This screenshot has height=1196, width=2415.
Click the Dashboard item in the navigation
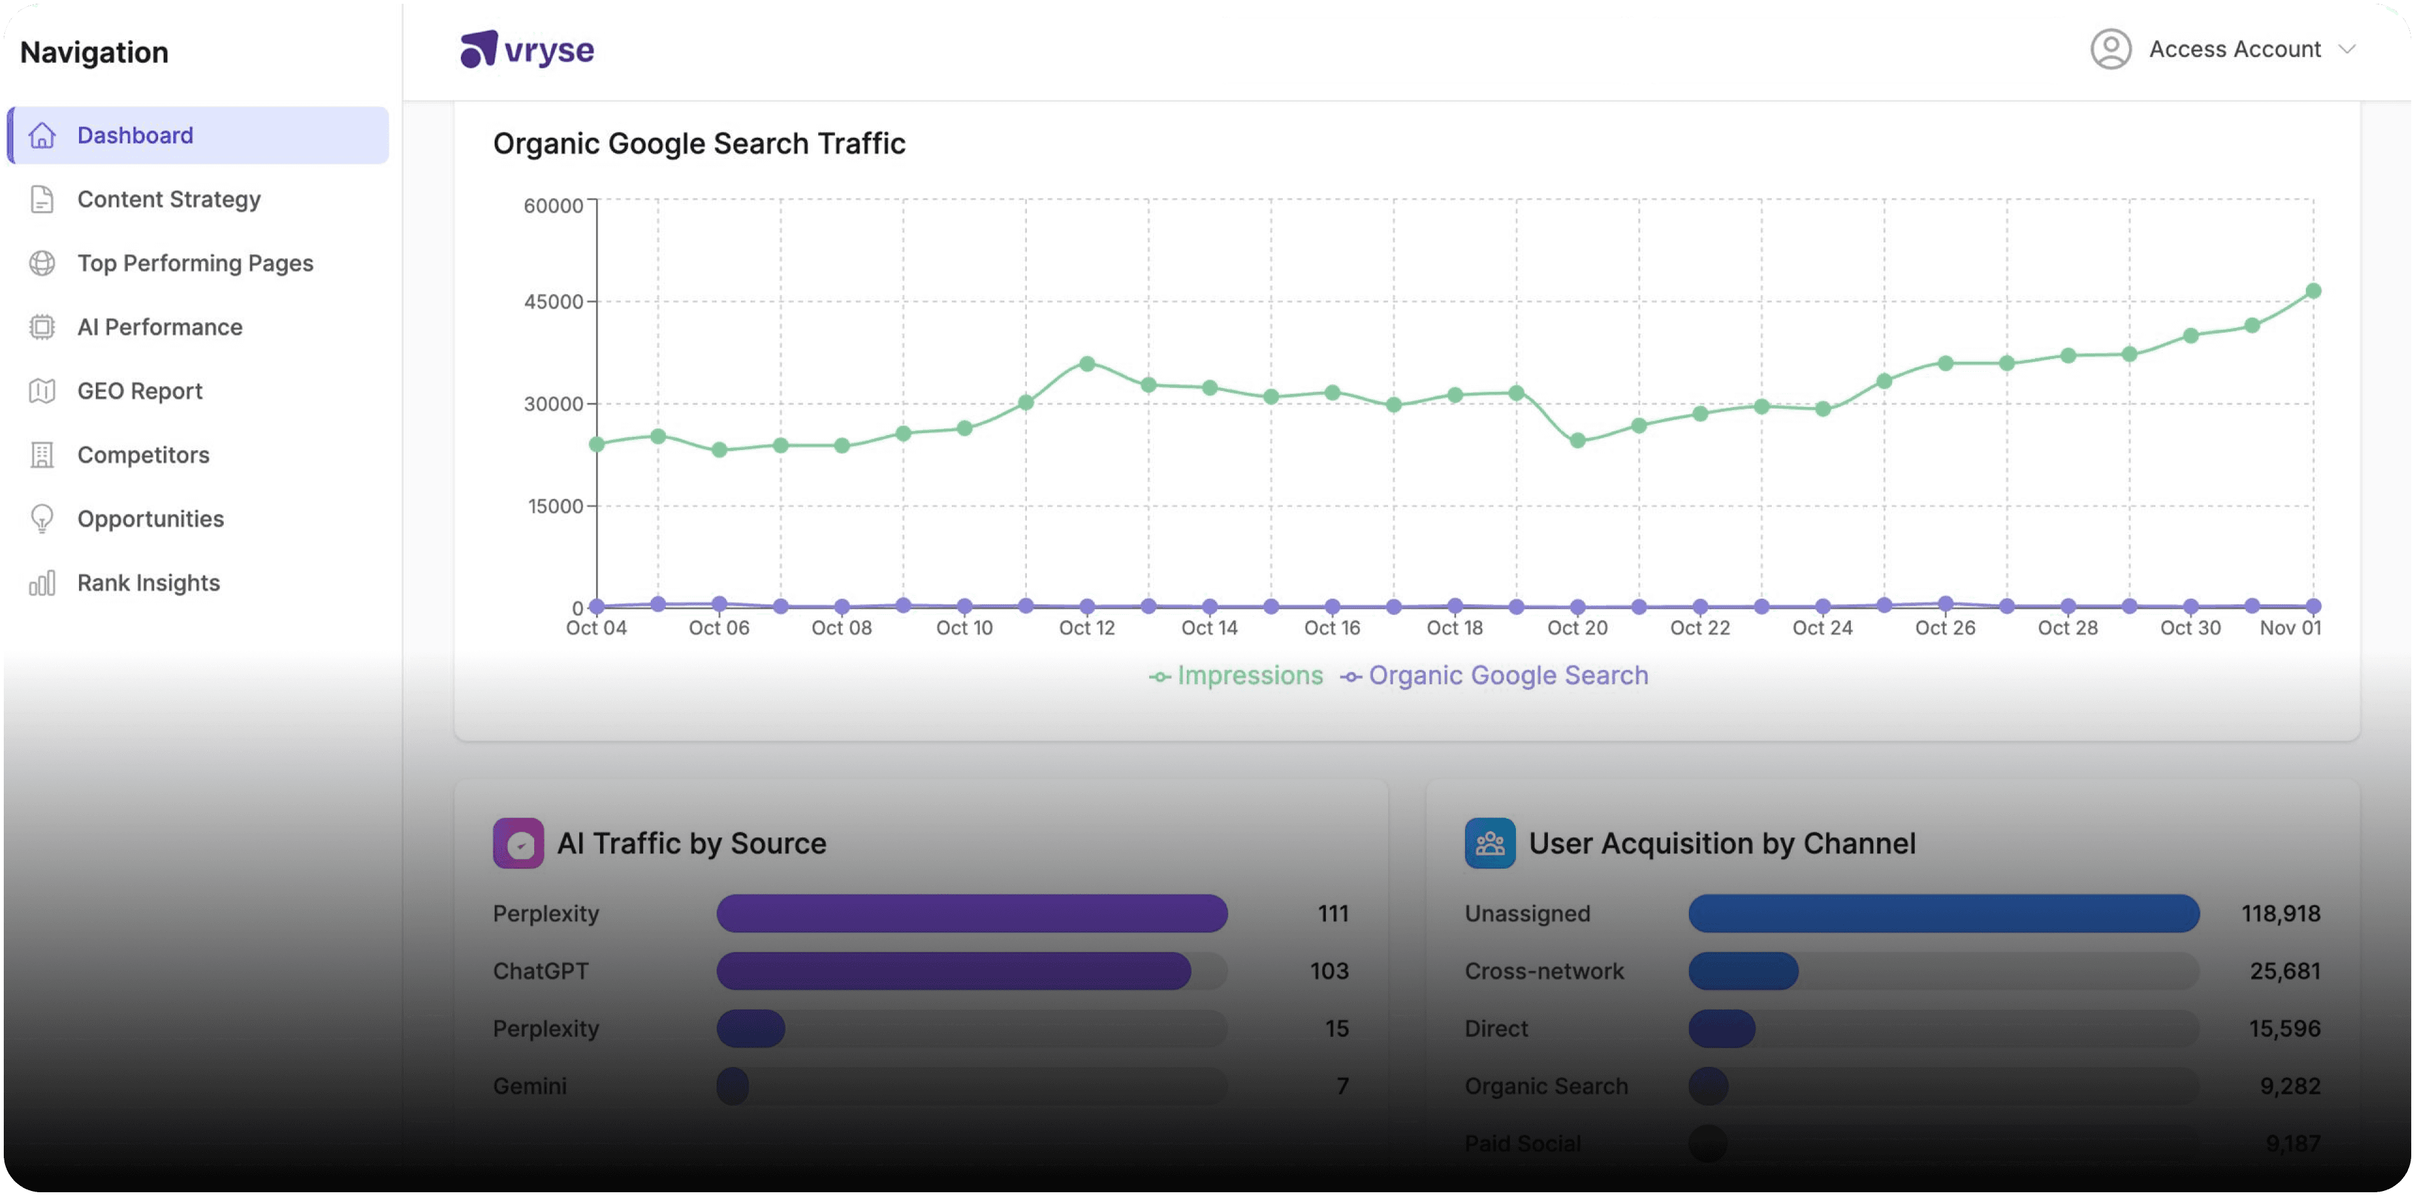coord(135,135)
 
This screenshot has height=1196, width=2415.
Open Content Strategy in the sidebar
coord(169,199)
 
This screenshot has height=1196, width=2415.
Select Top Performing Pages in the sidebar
coord(195,263)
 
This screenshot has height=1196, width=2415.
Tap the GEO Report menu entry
coord(140,391)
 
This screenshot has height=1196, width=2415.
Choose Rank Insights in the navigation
coord(148,583)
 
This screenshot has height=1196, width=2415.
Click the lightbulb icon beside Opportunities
coord(42,518)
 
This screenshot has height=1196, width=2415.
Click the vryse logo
coord(527,50)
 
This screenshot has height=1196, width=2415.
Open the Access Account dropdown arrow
coord(2347,50)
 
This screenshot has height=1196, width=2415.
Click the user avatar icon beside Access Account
coord(2110,49)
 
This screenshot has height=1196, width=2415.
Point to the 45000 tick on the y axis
coord(553,302)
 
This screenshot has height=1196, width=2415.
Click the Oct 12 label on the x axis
coord(1086,628)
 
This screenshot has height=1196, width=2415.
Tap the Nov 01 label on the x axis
coord(2290,628)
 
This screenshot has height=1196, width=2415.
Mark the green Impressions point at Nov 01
coord(2313,291)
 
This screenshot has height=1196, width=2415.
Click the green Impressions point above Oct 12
coord(1086,364)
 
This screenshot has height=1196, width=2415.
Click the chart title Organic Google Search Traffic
coord(698,144)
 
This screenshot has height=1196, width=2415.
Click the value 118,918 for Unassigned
coord(2280,914)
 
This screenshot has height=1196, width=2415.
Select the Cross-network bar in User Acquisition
coord(1743,971)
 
